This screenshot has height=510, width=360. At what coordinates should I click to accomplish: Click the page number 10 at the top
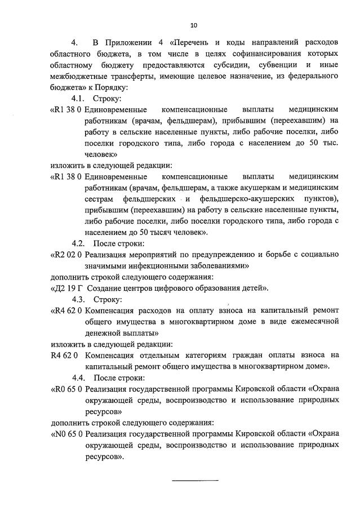pyautogui.click(x=194, y=25)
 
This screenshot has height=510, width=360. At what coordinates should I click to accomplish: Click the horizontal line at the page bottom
pyautogui.click(x=194, y=480)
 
